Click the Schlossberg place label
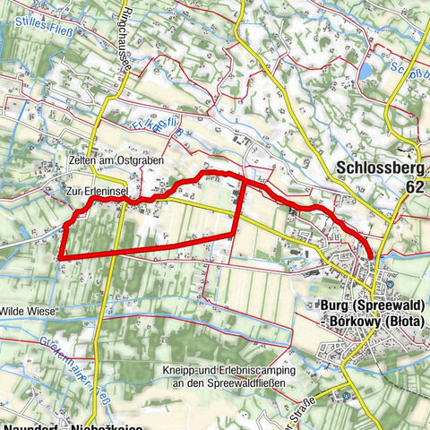click(378, 167)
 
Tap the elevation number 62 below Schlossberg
click(413, 187)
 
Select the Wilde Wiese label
click(29, 310)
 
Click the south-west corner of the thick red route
click(60, 258)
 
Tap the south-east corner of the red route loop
click(236, 235)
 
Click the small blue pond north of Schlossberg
click(365, 70)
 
